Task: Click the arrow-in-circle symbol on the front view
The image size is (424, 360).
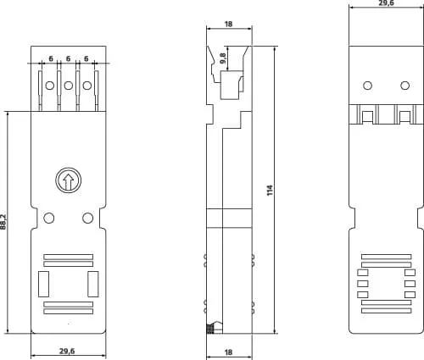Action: (x=68, y=180)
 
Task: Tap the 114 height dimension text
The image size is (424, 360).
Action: (x=270, y=190)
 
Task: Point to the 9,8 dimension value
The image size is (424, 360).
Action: (x=222, y=58)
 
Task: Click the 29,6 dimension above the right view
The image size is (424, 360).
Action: (x=386, y=4)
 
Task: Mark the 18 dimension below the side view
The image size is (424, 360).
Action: (x=227, y=352)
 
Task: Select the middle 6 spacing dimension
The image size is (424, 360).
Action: (x=68, y=58)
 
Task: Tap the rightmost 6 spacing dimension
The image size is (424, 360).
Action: (x=86, y=58)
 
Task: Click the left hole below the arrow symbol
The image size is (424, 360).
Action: (x=49, y=219)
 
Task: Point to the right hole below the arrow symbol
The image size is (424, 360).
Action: (x=87, y=219)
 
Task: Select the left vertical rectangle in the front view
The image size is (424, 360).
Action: (x=45, y=283)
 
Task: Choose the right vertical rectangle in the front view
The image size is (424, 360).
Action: (x=92, y=283)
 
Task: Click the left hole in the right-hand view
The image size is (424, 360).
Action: (x=368, y=85)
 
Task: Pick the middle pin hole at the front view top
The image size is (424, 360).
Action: (x=68, y=86)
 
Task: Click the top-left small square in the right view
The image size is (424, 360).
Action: (x=363, y=273)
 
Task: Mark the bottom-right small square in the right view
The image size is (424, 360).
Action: (x=410, y=295)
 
